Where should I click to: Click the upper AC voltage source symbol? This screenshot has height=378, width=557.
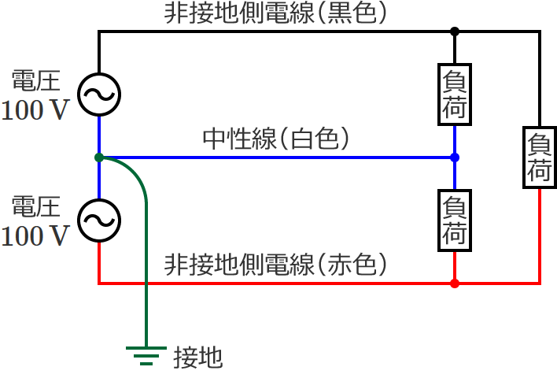click(x=98, y=94)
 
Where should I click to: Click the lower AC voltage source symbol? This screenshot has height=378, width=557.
click(x=98, y=220)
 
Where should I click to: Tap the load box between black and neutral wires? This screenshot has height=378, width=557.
click(x=455, y=94)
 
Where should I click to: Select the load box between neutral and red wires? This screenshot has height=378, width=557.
click(x=455, y=220)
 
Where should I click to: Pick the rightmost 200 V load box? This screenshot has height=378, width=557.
click(x=540, y=157)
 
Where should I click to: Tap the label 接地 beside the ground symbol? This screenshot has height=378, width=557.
click(x=198, y=358)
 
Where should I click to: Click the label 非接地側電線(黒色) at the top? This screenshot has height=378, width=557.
click(x=275, y=14)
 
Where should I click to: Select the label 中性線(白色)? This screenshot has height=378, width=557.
click(x=275, y=139)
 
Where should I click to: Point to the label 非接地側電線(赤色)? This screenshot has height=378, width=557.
click(x=275, y=265)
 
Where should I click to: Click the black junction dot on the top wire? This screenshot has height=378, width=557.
click(x=455, y=31)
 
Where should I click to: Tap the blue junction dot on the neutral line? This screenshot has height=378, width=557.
click(x=455, y=157)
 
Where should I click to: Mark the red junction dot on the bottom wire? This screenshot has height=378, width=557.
click(x=455, y=283)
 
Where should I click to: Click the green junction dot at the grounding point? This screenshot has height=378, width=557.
click(x=98, y=157)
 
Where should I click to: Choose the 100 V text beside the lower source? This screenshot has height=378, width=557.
click(x=35, y=236)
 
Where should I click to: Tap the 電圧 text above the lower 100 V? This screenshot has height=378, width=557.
click(x=35, y=208)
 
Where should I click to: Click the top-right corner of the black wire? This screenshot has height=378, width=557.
click(x=540, y=31)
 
